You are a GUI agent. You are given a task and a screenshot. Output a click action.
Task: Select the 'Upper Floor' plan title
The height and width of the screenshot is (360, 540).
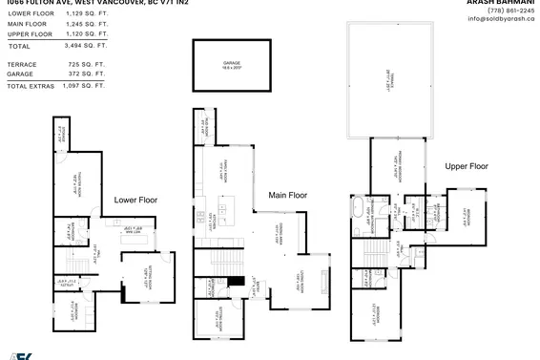coord(467,166)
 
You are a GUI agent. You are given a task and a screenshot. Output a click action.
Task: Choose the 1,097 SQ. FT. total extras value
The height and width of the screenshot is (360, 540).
coord(82,86)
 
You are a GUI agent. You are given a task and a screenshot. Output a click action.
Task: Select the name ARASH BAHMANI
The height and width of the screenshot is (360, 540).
coord(504,1)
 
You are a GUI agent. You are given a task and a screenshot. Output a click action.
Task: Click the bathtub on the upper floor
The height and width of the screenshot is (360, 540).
coord(357,206)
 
